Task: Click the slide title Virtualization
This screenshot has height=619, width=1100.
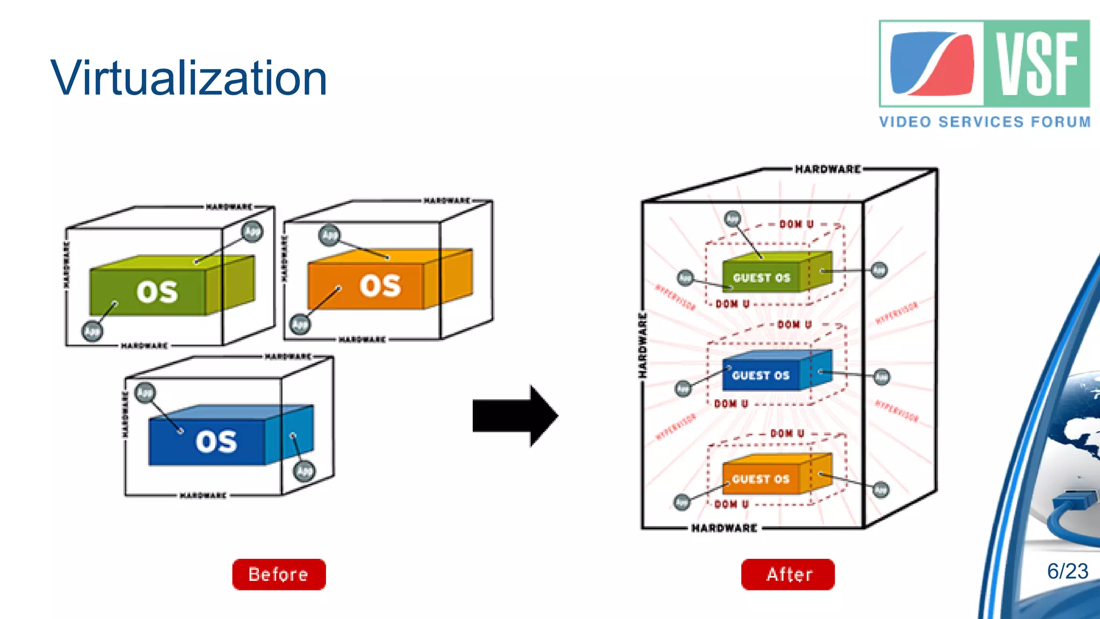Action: click(x=189, y=78)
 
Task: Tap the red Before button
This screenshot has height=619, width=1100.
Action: click(x=279, y=574)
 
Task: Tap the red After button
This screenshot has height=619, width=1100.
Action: click(x=788, y=574)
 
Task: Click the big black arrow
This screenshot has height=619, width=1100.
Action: click(x=515, y=416)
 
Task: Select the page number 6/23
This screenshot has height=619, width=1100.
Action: click(x=1067, y=571)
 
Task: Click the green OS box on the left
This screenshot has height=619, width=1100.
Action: click(x=156, y=292)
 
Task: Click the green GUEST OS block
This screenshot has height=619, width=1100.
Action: click(x=762, y=277)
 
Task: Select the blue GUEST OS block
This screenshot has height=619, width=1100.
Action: click(x=761, y=375)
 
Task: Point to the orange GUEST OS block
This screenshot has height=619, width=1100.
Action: click(x=761, y=478)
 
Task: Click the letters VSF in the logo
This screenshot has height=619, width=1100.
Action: click(x=1037, y=63)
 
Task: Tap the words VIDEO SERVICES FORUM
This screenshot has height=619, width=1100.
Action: click(x=985, y=122)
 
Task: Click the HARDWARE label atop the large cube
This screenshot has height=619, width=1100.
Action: click(x=828, y=169)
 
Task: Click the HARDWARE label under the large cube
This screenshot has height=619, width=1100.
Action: click(x=724, y=528)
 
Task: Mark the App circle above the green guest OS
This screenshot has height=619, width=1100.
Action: click(x=733, y=218)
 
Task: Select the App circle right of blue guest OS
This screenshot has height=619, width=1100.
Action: click(x=881, y=377)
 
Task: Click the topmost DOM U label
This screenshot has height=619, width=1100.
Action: click(x=797, y=224)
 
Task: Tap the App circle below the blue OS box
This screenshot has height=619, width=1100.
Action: click(x=304, y=471)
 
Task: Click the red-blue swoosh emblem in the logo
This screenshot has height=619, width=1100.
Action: click(x=932, y=63)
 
